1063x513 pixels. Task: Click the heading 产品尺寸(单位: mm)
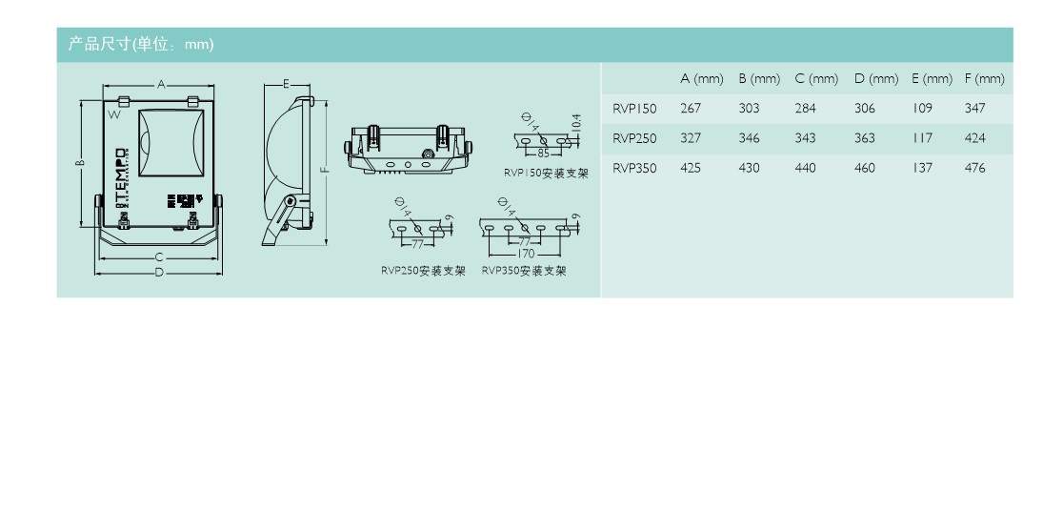(x=140, y=45)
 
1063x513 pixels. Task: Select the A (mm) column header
(x=701, y=78)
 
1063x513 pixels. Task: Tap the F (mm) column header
(x=984, y=78)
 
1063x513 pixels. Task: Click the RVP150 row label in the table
(x=634, y=109)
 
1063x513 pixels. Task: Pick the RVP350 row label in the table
(x=634, y=168)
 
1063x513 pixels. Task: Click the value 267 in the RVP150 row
(x=691, y=109)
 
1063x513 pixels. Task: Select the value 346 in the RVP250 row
(x=749, y=138)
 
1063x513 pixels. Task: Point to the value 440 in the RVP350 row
(x=806, y=168)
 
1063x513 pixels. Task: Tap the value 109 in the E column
(x=921, y=109)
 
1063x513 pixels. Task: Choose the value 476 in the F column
(x=974, y=168)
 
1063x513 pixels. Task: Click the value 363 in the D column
(x=864, y=138)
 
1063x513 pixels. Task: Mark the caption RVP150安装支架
(x=546, y=174)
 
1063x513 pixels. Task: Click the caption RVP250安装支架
(x=423, y=271)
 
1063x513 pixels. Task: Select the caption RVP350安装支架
(x=524, y=271)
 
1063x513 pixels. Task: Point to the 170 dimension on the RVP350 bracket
(x=526, y=254)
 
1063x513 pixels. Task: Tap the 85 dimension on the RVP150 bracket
(x=543, y=154)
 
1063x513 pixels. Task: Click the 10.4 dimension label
(x=575, y=123)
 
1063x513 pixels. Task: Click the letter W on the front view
(x=113, y=115)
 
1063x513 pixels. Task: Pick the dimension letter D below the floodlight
(x=159, y=273)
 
